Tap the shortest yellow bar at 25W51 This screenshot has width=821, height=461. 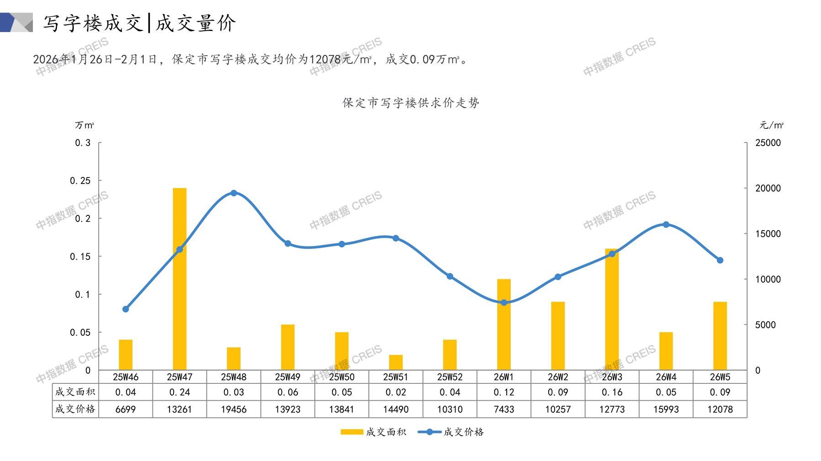click(x=396, y=362)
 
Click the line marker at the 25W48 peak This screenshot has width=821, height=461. click(x=233, y=193)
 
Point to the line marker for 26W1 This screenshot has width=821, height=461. click(x=504, y=303)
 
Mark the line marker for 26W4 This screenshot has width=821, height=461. click(x=666, y=225)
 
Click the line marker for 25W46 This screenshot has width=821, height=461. click(x=126, y=309)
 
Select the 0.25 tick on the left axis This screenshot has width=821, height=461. click(x=80, y=181)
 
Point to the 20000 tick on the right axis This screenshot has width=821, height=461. click(x=768, y=188)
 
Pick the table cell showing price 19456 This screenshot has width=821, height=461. click(x=233, y=409)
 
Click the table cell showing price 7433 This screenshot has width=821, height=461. click(x=504, y=409)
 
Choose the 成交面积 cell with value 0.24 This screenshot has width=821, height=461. click(x=180, y=392)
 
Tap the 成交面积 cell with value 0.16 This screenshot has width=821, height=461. click(x=612, y=392)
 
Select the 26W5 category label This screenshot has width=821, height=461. click(x=720, y=377)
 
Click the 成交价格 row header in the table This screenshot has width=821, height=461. click(x=75, y=409)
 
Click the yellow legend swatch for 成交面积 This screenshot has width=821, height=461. click(x=352, y=432)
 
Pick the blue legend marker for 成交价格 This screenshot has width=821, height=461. click(x=429, y=432)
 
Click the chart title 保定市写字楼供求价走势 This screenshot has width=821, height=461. click(x=411, y=103)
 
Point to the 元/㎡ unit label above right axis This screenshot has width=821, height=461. click(x=771, y=125)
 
